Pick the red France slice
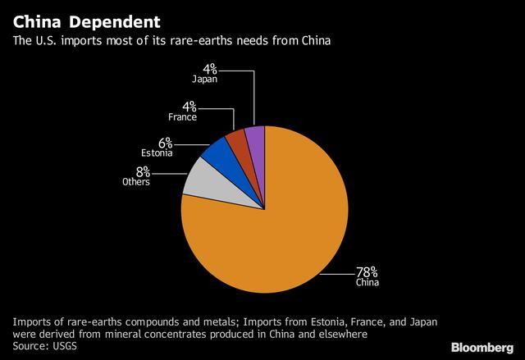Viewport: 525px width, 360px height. click(x=236, y=140)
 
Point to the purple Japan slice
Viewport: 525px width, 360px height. click(x=255, y=137)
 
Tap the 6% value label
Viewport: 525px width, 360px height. click(x=165, y=140)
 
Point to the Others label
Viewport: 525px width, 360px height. click(x=136, y=182)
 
